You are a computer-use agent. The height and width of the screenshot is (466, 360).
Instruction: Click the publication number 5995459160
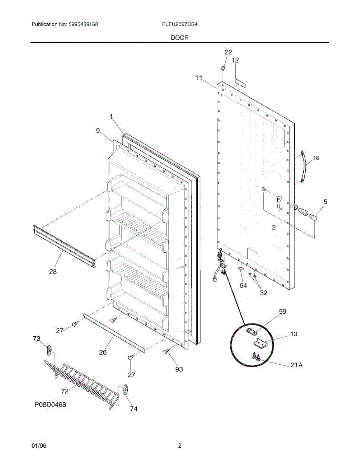tap(83, 24)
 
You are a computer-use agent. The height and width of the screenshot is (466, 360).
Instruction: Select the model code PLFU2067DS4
tap(179, 24)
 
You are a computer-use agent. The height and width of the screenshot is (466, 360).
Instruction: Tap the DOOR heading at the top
tap(180, 38)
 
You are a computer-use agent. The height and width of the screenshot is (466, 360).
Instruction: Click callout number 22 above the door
tap(228, 52)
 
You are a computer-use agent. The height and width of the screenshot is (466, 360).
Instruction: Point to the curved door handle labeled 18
tap(304, 167)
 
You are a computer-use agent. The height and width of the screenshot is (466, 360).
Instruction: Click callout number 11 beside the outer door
tap(199, 78)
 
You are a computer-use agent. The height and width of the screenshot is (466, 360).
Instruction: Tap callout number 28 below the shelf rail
tap(53, 272)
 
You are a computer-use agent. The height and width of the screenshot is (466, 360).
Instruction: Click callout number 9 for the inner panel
tap(98, 130)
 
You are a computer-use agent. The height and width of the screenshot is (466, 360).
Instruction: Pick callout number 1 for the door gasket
tap(111, 117)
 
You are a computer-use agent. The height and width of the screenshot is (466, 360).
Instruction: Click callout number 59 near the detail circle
tap(282, 311)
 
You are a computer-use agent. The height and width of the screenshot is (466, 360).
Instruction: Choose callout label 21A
tap(297, 365)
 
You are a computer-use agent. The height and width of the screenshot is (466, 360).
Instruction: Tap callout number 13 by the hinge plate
tap(294, 334)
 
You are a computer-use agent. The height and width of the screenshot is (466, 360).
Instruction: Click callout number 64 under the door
tap(243, 285)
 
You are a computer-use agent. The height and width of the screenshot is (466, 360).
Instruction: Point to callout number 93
tap(179, 369)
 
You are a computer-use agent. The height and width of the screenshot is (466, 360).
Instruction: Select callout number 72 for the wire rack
tap(65, 391)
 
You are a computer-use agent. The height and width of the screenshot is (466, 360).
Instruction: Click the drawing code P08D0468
tap(50, 405)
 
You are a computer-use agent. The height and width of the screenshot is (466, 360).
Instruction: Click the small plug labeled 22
tap(223, 69)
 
